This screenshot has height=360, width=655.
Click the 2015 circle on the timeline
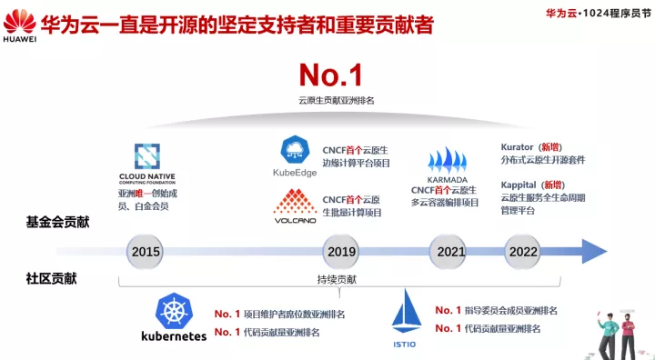point(146,251)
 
